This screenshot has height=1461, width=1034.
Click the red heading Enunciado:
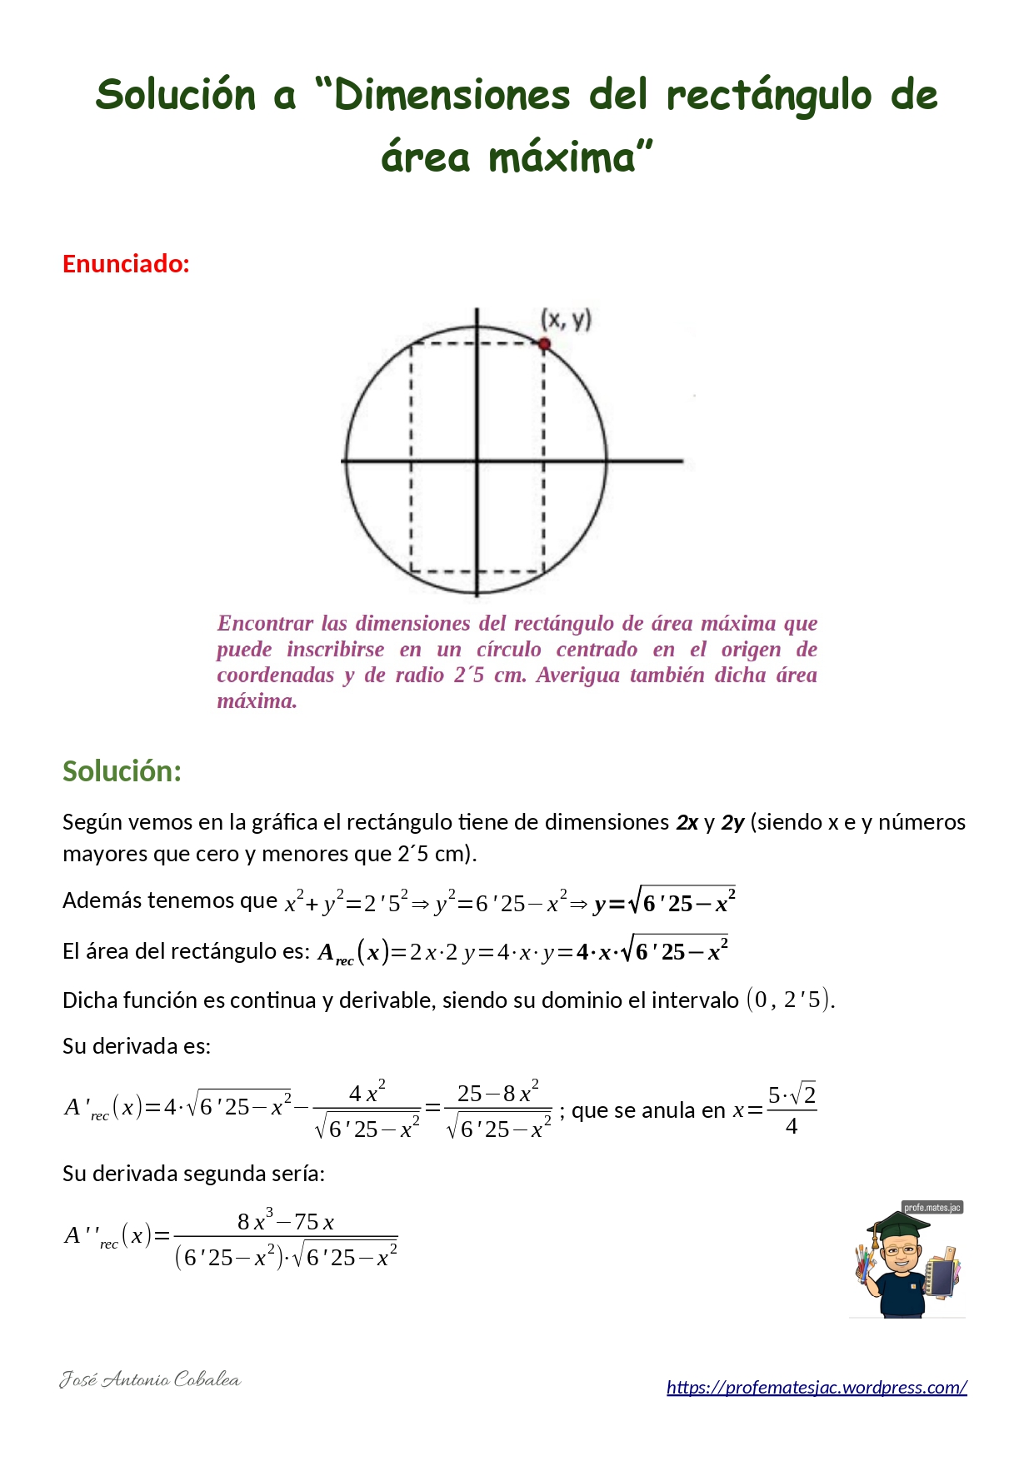click(126, 264)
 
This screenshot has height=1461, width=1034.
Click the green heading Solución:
click(122, 771)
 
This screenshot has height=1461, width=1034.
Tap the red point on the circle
click(544, 344)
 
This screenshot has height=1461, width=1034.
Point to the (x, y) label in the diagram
click(566, 319)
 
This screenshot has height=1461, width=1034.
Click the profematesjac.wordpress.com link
click(817, 1387)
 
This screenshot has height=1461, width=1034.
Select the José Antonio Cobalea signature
click(150, 1379)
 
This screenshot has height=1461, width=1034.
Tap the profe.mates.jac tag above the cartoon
click(932, 1208)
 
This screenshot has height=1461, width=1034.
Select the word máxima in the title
click(562, 157)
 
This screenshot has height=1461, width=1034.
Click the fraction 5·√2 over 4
click(792, 1109)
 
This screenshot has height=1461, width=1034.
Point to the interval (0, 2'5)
click(788, 1000)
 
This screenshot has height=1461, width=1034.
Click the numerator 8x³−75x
click(285, 1222)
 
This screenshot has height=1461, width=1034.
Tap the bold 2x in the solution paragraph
click(687, 823)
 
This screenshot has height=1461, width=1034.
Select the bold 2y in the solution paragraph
click(732, 823)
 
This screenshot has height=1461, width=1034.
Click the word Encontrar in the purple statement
click(265, 623)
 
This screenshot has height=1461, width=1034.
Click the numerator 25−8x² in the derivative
click(497, 1093)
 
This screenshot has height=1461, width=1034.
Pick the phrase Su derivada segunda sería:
click(193, 1174)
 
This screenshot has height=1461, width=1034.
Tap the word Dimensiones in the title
click(452, 96)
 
